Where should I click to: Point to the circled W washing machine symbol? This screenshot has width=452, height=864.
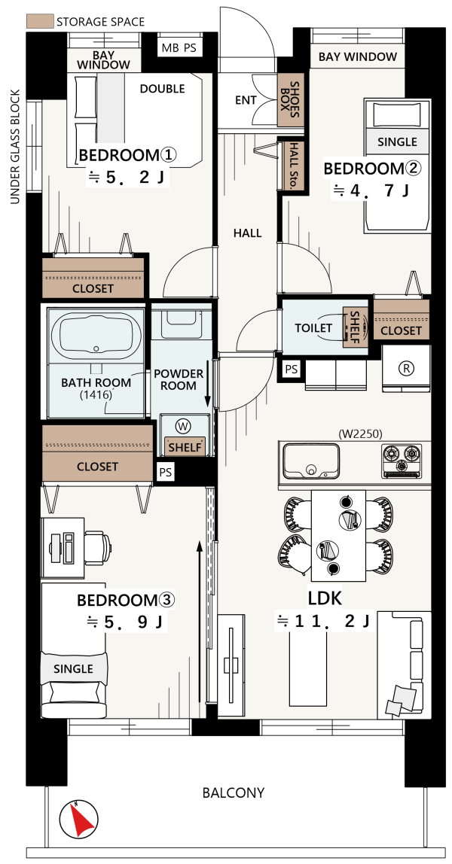point(183,426)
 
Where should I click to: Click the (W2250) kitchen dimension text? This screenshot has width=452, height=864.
point(361,434)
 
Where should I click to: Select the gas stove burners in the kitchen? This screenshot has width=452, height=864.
point(402,454)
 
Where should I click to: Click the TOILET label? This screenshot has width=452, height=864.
point(313,328)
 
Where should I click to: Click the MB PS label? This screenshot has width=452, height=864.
point(179,48)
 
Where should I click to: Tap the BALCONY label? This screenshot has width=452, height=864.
point(234,793)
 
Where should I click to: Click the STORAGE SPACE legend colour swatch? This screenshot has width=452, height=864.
point(39,22)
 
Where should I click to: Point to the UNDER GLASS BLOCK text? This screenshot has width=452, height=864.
point(15,147)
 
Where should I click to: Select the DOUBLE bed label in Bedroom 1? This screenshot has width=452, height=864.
point(162,89)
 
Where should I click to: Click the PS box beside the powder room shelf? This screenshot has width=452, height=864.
point(165,472)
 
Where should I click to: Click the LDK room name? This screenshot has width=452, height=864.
point(325,598)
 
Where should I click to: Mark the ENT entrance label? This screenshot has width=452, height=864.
point(246,100)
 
